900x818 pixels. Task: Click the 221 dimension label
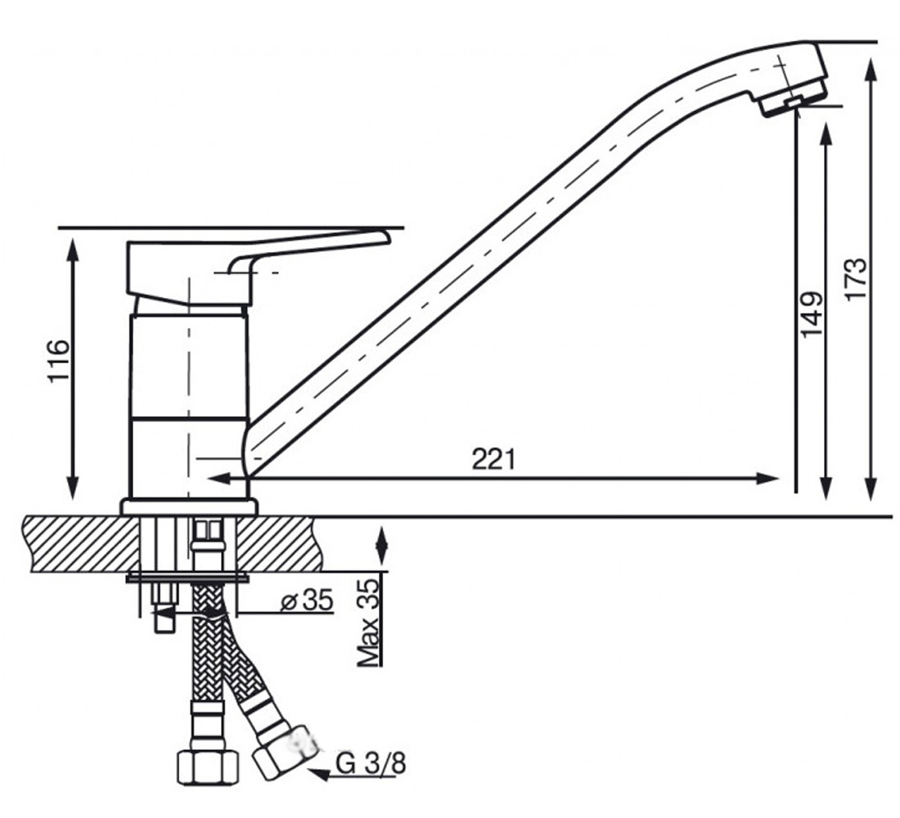click(x=494, y=459)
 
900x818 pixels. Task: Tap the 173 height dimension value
click(x=855, y=278)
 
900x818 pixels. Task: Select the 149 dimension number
click(x=811, y=315)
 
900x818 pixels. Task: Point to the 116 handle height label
click(x=59, y=361)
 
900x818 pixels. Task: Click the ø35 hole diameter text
click(x=307, y=600)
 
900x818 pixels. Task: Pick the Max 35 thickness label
click(x=368, y=622)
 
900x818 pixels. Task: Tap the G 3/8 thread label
click(x=371, y=763)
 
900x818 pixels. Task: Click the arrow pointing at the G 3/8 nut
click(x=352, y=775)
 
